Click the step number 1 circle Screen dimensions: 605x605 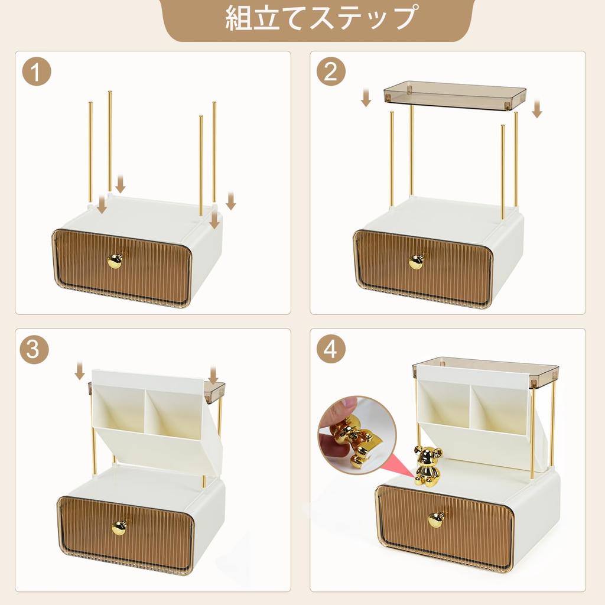(36, 73)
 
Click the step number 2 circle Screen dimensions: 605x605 (331, 73)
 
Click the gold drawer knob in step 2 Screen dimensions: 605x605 (417, 261)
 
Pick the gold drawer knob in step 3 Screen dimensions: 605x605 (120, 526)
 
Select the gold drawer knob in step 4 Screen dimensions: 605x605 (437, 519)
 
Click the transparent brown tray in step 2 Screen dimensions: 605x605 (454, 95)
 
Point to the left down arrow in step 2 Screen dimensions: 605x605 (366, 97)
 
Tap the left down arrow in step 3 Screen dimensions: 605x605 (80, 372)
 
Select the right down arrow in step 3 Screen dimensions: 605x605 (213, 374)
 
